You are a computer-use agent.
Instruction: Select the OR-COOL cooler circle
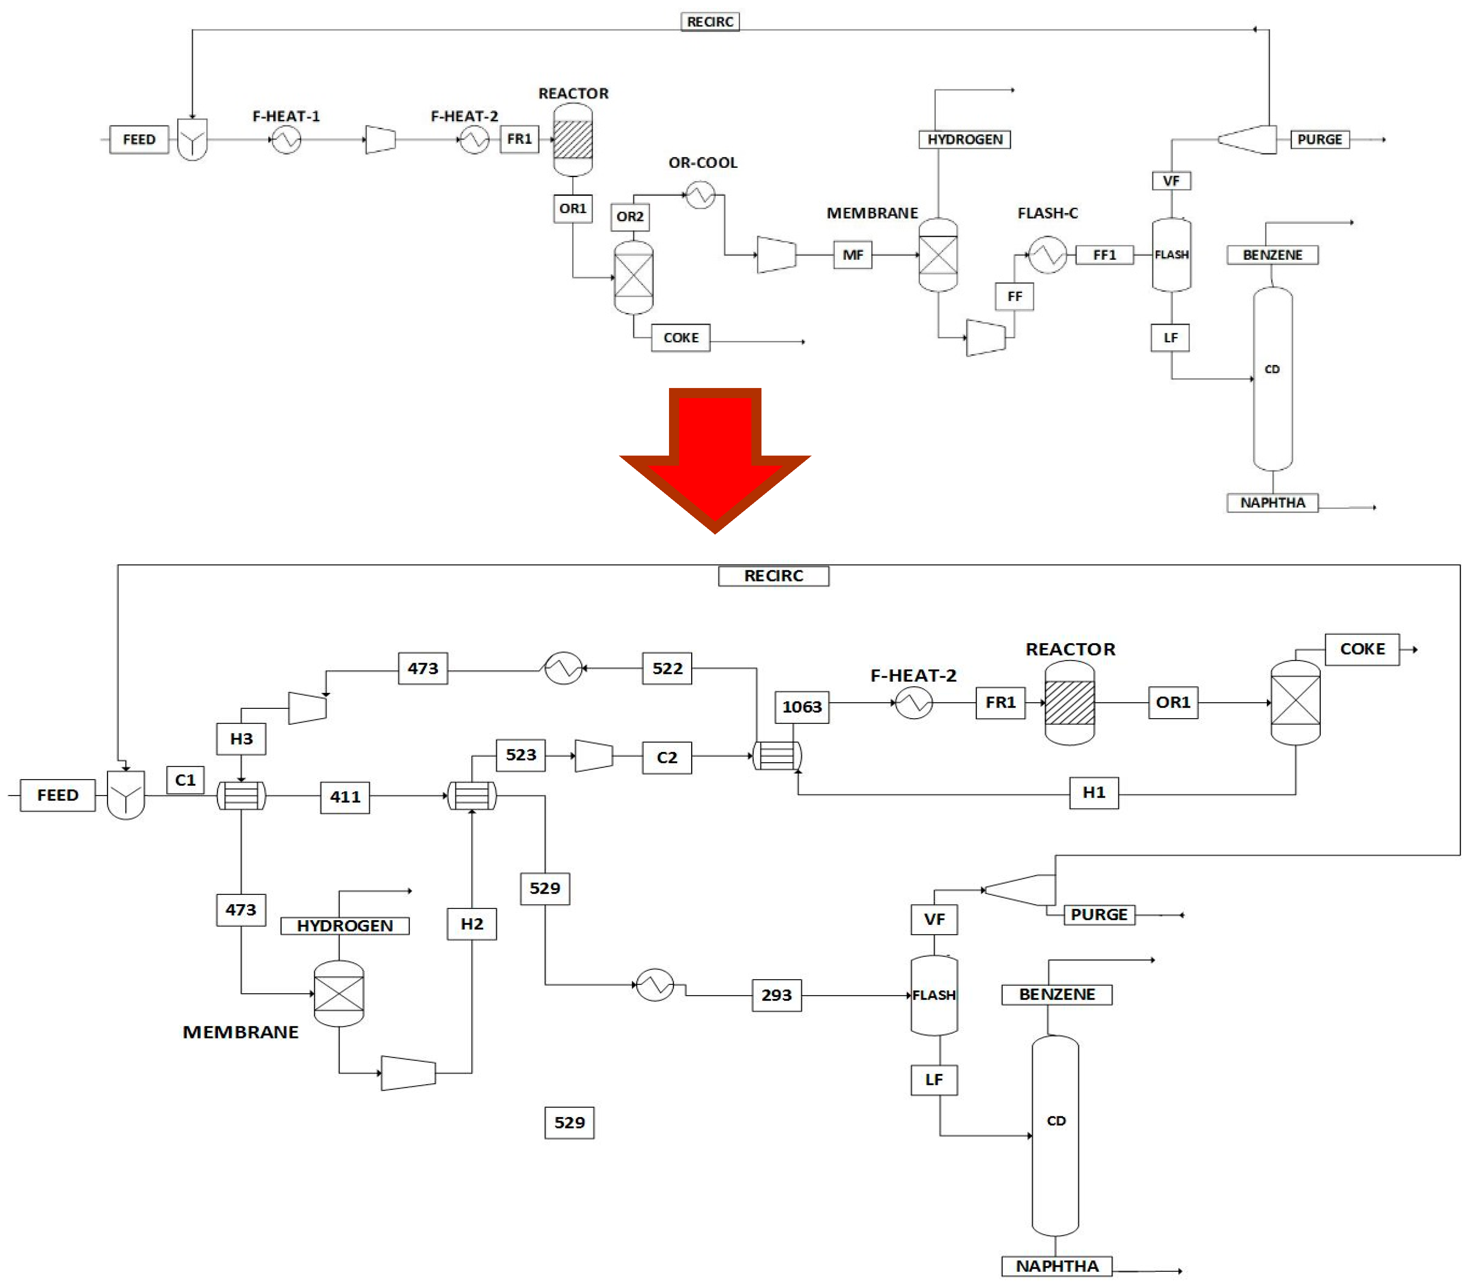pyautogui.click(x=700, y=195)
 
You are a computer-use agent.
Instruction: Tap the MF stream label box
pyautogui.click(x=852, y=255)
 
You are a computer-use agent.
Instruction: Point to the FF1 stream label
pyautogui.click(x=1104, y=255)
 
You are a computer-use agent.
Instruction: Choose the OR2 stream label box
pyautogui.click(x=630, y=217)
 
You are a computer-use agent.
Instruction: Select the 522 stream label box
pyautogui.click(x=667, y=668)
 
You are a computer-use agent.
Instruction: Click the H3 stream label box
pyautogui.click(x=241, y=738)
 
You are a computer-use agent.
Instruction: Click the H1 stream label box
pyautogui.click(x=1094, y=792)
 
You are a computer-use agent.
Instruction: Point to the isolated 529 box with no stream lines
pyautogui.click(x=569, y=1122)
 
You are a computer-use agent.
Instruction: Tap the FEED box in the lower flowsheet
pyautogui.click(x=57, y=795)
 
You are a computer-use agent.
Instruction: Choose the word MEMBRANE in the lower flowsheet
pyautogui.click(x=240, y=1032)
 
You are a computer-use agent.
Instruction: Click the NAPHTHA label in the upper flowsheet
pyautogui.click(x=1272, y=502)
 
